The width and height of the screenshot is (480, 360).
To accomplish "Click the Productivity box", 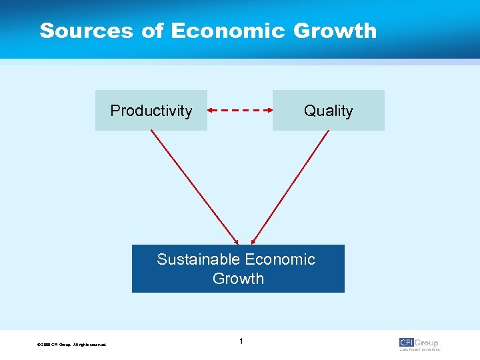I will coord(151,111).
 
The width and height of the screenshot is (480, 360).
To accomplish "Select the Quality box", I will coord(328,111).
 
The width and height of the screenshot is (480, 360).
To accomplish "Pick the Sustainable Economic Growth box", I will coord(238,269).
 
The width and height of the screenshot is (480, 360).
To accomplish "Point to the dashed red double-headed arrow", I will coord(240,109).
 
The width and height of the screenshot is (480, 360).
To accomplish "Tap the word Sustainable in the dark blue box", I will coord(199,259).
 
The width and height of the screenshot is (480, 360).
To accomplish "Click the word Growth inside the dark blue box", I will coord(238,279).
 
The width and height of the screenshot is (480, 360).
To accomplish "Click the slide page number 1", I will coord(241,342).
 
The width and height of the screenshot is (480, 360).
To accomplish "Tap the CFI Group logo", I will coord(419,343).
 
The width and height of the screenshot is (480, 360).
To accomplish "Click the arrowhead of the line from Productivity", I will coord(235,241).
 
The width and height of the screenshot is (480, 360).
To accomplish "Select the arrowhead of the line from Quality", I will coord(253,241).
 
